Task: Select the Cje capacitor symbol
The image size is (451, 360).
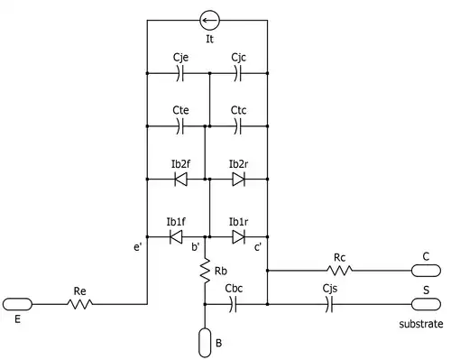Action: (x=179, y=73)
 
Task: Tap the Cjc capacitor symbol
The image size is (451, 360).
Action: (x=238, y=73)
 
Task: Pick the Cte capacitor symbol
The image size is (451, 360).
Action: (x=179, y=126)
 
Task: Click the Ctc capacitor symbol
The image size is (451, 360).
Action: (x=238, y=126)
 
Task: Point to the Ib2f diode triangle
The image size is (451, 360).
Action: (x=180, y=180)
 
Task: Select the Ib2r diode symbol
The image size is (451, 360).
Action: (x=239, y=180)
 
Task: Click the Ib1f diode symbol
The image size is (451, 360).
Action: (x=176, y=237)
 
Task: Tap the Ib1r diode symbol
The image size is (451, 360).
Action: (x=239, y=237)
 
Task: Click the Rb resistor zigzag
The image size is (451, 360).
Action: (x=205, y=271)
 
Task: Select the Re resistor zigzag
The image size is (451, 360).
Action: (x=79, y=304)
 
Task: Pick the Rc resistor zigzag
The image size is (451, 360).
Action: (x=339, y=271)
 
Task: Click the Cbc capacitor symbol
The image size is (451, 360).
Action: (x=233, y=304)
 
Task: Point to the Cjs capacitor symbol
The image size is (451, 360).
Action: (x=329, y=304)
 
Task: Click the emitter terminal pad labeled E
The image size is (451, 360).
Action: (x=17, y=304)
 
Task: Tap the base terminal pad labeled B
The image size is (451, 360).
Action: (x=205, y=343)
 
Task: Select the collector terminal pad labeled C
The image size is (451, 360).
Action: (x=426, y=271)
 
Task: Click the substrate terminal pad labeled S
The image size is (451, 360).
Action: (x=426, y=304)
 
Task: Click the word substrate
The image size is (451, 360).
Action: (x=421, y=324)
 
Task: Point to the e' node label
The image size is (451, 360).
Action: (x=137, y=247)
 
